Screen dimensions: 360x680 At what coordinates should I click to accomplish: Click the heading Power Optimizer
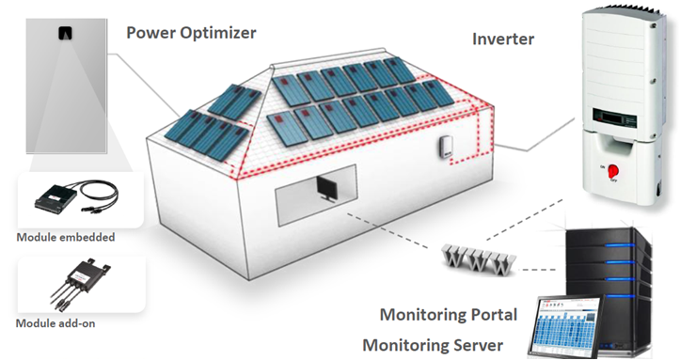(192, 33)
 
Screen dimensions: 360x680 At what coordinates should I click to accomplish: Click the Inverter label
(502, 39)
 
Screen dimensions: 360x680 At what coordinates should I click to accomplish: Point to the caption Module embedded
(66, 237)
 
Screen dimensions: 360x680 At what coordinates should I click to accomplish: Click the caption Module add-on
(57, 323)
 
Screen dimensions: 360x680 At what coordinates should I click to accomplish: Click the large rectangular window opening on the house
(315, 194)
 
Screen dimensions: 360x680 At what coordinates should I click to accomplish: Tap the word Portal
(488, 313)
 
